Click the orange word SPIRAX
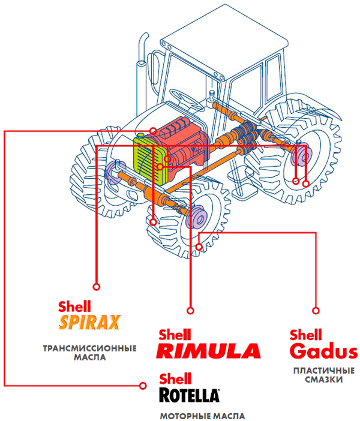tap(89, 322)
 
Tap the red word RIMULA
tap(208, 351)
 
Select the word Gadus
tap(323, 351)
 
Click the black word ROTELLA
tap(189, 395)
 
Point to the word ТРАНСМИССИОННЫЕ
tap(90, 348)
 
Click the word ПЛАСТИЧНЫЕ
tap(324, 371)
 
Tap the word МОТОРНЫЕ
tap(182, 416)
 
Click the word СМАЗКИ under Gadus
tap(324, 380)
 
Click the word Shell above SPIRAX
tap(74, 306)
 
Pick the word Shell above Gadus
tap(306, 335)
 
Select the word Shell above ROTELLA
tap(175, 378)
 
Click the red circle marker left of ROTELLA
tap(143, 386)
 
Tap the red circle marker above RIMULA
tap(190, 311)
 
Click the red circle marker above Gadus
tap(316, 311)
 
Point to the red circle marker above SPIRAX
tap(97, 287)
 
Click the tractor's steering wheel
tap(185, 100)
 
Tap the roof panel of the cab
tap(224, 41)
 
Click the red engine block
tap(185, 146)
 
